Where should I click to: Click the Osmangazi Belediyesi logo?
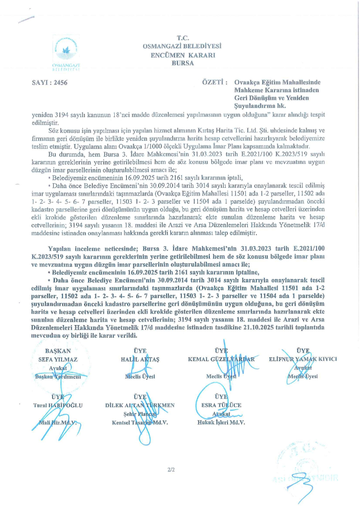point(66,52)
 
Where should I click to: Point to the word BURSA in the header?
point(181,63)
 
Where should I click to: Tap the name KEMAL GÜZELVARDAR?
point(220,360)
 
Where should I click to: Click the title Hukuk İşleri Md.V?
point(221,422)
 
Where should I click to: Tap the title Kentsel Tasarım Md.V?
point(139,422)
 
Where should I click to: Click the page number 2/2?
point(170,470)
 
